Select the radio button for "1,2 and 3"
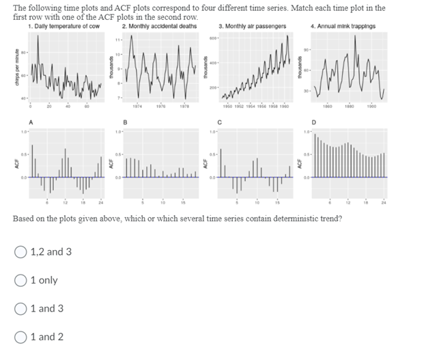pos(20,252)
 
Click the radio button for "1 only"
pos(20,280)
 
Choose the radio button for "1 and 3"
pos(20,309)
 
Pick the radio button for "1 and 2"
pos(20,337)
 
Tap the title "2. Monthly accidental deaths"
pos(159,26)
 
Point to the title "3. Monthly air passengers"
pos(252,26)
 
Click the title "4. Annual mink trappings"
pos(343,26)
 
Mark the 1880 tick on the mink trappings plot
pos(350,106)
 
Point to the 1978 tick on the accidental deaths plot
pos(184,106)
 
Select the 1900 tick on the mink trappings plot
pos(372,106)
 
